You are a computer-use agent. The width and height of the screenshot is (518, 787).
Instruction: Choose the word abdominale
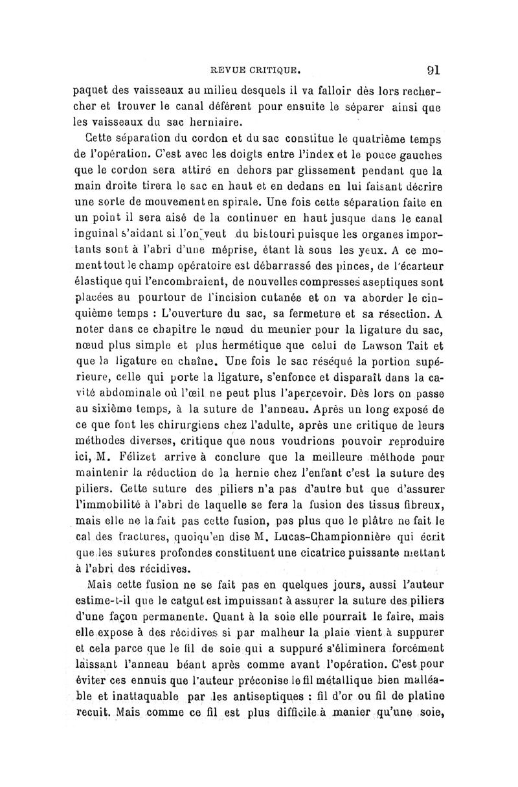coord(142,394)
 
